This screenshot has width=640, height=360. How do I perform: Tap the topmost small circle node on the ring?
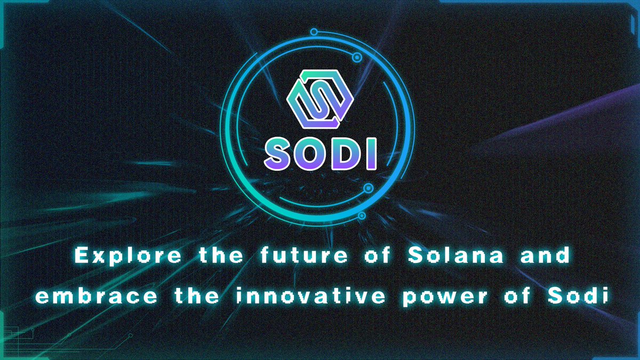click(314, 30)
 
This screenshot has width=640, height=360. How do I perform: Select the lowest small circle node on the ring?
click(362, 216)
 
